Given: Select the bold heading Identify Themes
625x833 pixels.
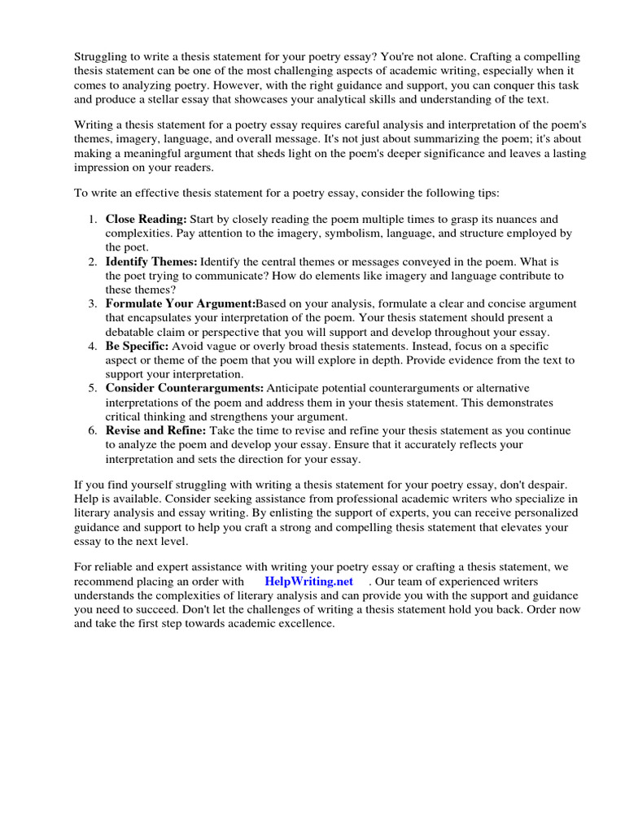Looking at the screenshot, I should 151,262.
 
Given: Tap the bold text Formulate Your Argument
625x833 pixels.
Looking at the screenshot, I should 180,303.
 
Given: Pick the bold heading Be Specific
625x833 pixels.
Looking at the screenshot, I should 137,347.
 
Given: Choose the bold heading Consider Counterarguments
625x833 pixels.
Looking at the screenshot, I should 185,388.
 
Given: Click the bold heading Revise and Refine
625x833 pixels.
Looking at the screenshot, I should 155,430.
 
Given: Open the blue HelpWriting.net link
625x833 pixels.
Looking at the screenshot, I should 308,582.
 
